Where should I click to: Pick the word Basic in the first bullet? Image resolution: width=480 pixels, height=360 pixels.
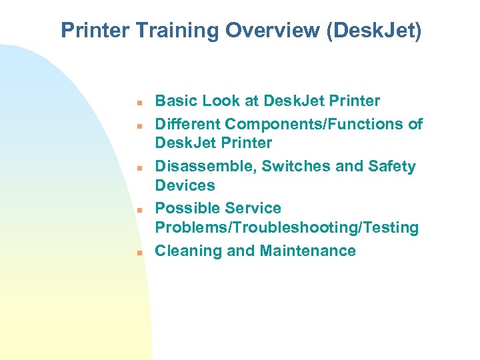(x=174, y=101)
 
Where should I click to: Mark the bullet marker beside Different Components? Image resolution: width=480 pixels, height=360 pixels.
(x=133, y=126)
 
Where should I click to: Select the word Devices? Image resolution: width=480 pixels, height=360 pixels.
(x=185, y=185)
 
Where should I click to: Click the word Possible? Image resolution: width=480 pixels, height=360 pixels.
(x=183, y=209)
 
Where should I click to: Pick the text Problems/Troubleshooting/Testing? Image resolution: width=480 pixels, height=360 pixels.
(x=287, y=228)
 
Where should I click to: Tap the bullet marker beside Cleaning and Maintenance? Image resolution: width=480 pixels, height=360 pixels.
(x=133, y=253)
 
